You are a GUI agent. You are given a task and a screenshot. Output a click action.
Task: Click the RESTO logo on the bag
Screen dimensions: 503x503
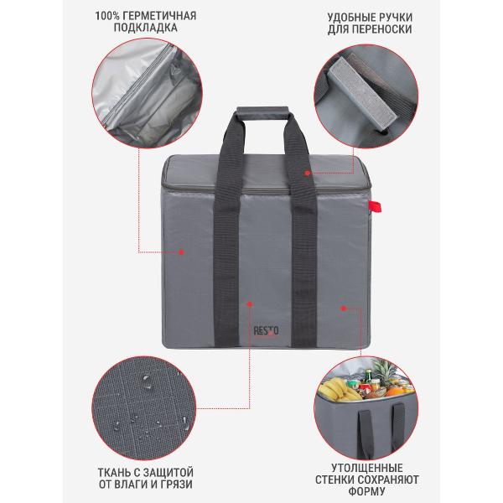(266, 331)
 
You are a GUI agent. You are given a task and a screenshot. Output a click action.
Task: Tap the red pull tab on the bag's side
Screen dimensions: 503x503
(375, 206)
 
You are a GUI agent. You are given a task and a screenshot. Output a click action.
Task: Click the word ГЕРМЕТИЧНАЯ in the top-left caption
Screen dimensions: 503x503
(159, 16)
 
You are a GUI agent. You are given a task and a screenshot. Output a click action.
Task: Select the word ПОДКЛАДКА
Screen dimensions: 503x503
(145, 28)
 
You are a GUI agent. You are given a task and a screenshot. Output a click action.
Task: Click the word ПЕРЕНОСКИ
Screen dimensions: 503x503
(382, 29)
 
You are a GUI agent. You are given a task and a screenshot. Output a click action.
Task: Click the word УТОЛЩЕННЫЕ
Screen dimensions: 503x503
(367, 468)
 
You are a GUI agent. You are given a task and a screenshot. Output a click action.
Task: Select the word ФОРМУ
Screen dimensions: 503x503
(367, 491)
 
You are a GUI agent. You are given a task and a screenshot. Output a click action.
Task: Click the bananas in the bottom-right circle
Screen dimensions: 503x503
(335, 389)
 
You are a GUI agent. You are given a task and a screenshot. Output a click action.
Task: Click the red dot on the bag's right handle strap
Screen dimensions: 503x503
(307, 173)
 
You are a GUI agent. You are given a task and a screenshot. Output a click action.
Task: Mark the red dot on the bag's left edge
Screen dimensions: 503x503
(181, 252)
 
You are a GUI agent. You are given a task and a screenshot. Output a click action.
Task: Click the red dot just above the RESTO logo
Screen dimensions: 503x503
(250, 304)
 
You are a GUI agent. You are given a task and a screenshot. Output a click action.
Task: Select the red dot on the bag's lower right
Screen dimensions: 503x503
(344, 309)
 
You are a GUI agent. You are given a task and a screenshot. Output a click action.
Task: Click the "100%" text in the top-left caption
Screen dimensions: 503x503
(107, 16)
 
